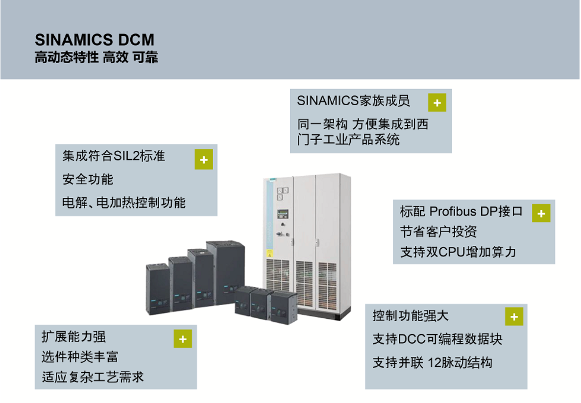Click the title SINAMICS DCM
[95, 40]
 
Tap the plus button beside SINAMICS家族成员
[437, 103]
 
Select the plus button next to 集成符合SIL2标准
[204, 160]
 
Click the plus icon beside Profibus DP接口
[541, 213]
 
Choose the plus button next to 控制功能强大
[514, 317]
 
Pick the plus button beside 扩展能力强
[183, 339]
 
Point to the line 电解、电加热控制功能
[124, 202]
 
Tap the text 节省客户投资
[438, 232]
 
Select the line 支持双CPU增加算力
[458, 252]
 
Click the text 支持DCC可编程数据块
[437, 339]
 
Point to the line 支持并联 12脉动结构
[432, 363]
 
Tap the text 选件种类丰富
[79, 357]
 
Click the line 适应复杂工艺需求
[93, 377]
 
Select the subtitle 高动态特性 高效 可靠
[96, 58]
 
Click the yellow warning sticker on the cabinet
[268, 255]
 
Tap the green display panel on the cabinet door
[282, 213]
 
